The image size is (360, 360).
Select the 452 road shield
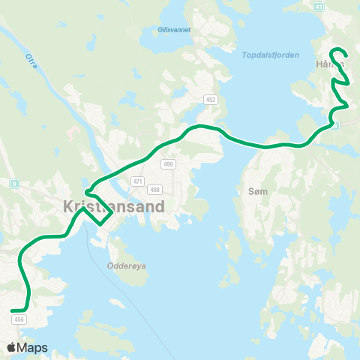pos(211,99)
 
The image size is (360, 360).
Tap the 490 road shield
pos(168,164)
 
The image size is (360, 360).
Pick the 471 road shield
pos(136,181)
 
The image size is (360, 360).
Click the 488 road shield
pos(154,189)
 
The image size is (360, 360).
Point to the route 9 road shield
pos(13,183)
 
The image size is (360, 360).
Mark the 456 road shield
pos(19,319)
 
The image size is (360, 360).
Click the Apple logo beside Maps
pos(12,347)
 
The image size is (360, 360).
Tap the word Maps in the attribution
pos(32,347)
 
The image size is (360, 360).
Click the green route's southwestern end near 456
pos(13,310)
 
